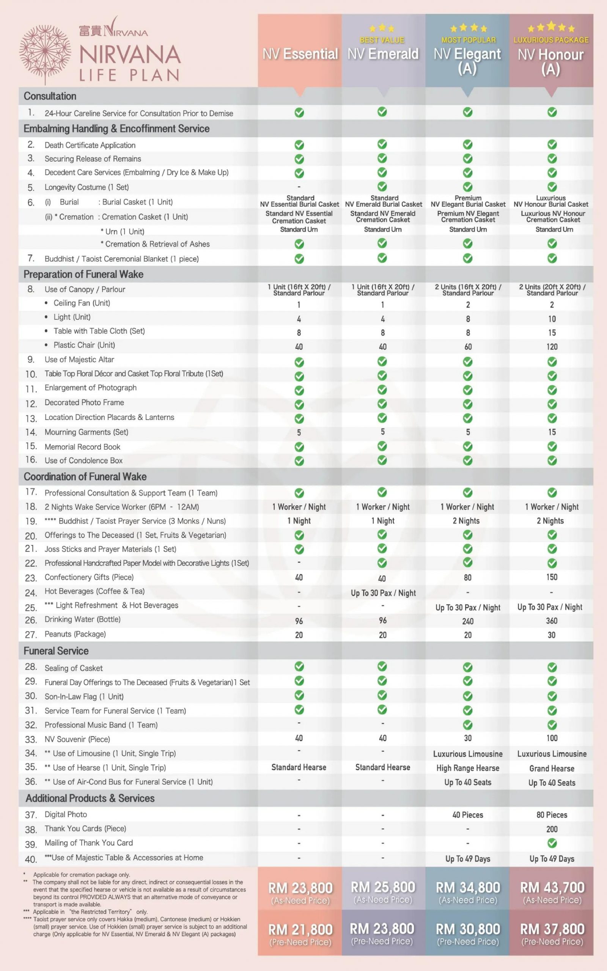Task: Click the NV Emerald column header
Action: (x=383, y=54)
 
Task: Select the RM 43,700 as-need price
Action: (x=552, y=887)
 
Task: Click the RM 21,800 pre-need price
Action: (x=300, y=929)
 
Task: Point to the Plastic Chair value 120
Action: (x=552, y=347)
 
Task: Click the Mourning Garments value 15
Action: (x=552, y=432)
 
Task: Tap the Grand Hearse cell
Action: (x=552, y=768)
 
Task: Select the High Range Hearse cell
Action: (x=468, y=768)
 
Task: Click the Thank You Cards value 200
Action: (x=552, y=829)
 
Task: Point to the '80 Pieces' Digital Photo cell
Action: (x=552, y=815)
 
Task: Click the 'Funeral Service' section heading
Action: (x=56, y=651)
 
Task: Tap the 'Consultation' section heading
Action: (x=50, y=96)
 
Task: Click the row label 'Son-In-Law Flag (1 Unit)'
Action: (x=84, y=696)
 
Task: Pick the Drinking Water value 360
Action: (x=552, y=621)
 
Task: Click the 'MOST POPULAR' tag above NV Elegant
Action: (x=468, y=40)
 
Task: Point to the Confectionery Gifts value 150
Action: (x=552, y=577)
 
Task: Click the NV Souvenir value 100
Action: (x=552, y=738)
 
